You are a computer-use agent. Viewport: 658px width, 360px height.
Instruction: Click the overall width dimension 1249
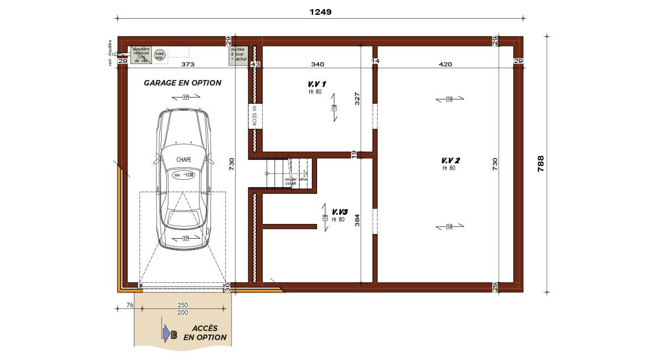coord(320,11)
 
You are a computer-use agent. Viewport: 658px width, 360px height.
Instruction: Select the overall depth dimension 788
coord(541,164)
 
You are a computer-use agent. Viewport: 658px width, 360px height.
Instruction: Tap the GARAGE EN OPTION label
coord(182,83)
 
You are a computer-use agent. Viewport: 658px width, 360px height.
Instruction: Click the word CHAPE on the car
coord(183,160)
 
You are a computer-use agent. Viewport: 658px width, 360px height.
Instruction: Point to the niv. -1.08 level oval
coord(184,175)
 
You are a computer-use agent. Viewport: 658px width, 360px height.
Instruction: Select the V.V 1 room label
coord(313,84)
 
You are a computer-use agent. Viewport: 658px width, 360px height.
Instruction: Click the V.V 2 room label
coord(450,160)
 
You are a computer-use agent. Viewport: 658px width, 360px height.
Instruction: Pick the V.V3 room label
coord(339,211)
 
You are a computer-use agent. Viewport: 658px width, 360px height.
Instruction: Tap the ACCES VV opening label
coord(255,116)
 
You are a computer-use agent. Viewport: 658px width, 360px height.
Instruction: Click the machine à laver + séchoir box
coord(238,56)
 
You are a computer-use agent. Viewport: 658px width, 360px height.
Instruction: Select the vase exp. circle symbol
coord(160,55)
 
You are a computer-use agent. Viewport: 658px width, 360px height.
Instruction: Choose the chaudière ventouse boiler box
coord(141,55)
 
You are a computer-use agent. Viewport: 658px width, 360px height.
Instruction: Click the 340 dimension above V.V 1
coord(318,64)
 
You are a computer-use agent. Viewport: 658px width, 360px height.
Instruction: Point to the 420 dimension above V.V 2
coord(445,64)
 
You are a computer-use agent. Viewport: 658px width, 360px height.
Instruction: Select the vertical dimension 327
coord(357,99)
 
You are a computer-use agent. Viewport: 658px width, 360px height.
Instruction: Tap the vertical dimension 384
coord(357,219)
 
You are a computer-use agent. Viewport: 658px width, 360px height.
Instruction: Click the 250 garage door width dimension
coord(183,306)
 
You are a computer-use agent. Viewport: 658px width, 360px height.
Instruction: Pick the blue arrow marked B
coord(168,334)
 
